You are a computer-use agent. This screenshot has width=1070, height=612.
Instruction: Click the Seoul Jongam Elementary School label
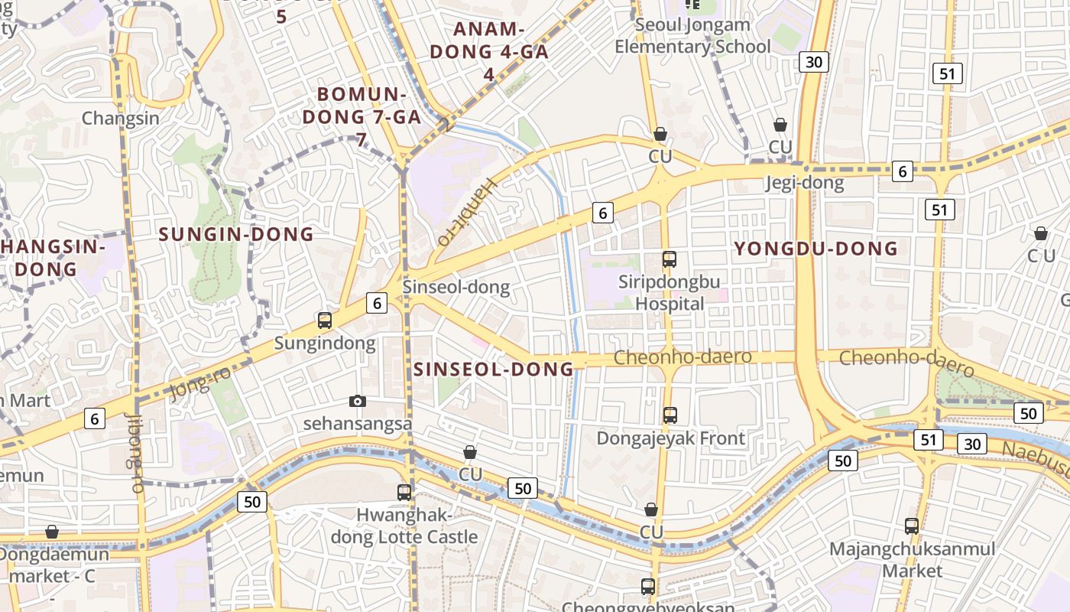tap(692, 36)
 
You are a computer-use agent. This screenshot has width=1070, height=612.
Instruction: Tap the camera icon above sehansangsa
tap(357, 401)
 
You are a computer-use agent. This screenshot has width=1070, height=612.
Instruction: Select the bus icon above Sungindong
tap(325, 321)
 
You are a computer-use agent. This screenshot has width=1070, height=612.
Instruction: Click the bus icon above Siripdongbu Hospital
tap(670, 259)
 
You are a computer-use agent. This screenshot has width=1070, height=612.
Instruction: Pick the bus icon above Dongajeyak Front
tap(670, 415)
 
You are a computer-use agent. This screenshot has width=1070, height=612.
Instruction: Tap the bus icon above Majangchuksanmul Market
tap(912, 526)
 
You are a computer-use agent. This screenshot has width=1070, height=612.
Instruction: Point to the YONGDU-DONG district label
tap(815, 249)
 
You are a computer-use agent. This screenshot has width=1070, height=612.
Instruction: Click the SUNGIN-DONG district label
tap(236, 234)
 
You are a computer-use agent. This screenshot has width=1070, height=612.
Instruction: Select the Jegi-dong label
tap(805, 183)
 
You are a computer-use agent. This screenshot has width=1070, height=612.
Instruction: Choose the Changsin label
tap(121, 119)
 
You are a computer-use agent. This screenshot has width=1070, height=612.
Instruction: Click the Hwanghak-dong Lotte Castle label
tap(404, 526)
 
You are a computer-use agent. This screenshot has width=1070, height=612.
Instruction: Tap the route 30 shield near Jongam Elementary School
tap(814, 62)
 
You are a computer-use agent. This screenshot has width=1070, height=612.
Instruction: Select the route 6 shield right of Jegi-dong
tap(903, 171)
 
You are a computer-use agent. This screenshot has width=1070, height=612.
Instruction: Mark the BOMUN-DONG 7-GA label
tap(362, 116)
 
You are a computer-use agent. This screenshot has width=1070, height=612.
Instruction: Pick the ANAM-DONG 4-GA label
tap(489, 51)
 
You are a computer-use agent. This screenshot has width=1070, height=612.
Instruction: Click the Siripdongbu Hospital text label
tap(670, 292)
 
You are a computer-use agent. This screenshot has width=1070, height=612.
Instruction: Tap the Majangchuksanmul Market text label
tap(913, 560)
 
